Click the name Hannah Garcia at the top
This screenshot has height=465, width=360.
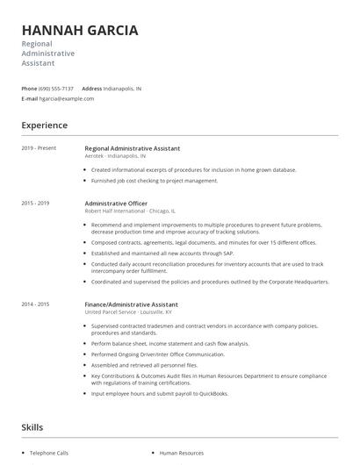click(79, 30)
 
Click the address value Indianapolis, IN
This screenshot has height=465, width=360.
click(123, 89)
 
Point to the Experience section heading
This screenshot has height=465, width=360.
click(45, 125)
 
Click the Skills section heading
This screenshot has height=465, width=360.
click(33, 427)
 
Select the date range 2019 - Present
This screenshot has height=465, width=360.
click(40, 148)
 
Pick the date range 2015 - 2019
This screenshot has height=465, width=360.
click(36, 204)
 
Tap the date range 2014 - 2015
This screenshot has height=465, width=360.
click(36, 304)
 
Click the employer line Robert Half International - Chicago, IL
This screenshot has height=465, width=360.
click(130, 211)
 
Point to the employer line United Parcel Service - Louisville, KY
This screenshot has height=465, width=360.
click(128, 312)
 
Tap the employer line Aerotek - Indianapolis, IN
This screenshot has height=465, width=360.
click(115, 156)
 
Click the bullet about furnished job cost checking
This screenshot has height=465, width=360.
click(154, 181)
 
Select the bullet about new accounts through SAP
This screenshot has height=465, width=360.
click(155, 253)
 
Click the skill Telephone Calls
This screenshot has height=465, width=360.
click(50, 453)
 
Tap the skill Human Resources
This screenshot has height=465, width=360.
click(181, 453)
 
